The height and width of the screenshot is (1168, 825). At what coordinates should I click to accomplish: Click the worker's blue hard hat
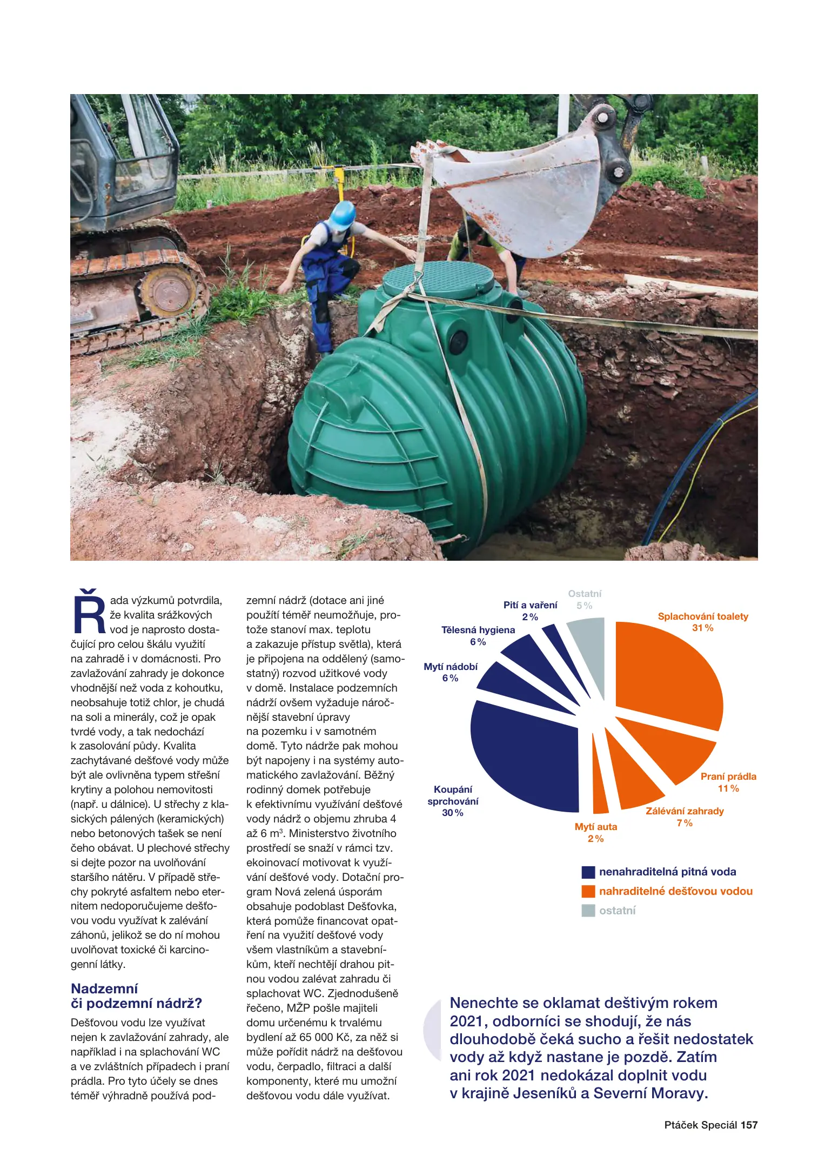coord(342,215)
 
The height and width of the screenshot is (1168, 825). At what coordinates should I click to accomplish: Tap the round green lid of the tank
coord(438,276)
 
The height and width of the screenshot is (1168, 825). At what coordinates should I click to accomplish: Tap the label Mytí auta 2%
coord(595,833)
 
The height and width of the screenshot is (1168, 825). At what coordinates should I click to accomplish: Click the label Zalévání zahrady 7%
coord(685,817)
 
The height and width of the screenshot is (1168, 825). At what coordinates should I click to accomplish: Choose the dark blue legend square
coord(588,872)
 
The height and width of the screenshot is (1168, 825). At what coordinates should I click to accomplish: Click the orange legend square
coord(588,891)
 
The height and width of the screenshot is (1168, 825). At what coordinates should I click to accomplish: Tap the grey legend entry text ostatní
coord(617,911)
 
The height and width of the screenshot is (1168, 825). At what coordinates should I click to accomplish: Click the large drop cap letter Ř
coord(89,613)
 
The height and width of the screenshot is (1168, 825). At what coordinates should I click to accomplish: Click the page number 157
coord(749,1125)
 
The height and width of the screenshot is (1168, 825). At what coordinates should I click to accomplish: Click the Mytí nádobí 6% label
coord(451,672)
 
